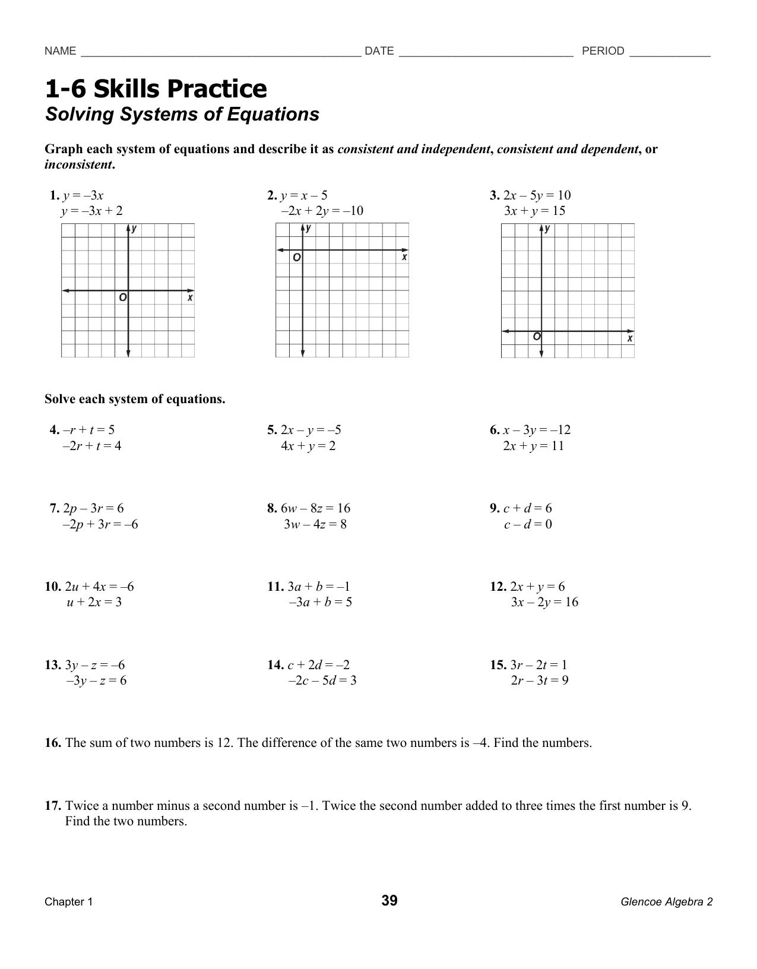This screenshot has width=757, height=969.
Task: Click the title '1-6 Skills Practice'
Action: (x=156, y=89)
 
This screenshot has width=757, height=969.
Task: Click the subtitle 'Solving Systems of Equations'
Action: (x=182, y=114)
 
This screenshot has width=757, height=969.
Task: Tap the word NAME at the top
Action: (x=60, y=51)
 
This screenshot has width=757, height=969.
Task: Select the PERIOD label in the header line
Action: (x=603, y=51)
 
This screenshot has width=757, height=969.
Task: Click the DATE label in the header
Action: (x=379, y=51)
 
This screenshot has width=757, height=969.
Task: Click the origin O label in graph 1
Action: (x=122, y=297)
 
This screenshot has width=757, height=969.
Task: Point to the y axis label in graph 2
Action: (x=309, y=228)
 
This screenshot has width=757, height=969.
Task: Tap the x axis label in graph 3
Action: (x=630, y=338)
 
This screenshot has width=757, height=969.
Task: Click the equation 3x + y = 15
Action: (x=534, y=211)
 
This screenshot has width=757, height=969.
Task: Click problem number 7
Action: (x=54, y=508)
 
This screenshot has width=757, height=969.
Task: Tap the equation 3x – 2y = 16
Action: (x=544, y=602)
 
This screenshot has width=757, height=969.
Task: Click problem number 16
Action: (x=53, y=743)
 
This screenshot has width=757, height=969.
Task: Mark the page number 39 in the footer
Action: (x=389, y=901)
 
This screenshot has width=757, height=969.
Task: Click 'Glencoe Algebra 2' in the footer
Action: (x=666, y=902)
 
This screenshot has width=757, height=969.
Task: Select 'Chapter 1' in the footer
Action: (x=69, y=902)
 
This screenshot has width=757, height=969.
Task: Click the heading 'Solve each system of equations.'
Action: (x=135, y=399)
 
